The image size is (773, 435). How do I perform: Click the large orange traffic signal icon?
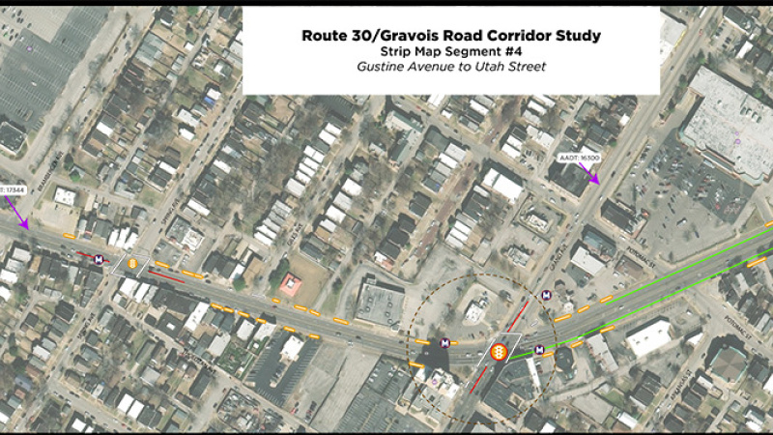(x=500, y=353)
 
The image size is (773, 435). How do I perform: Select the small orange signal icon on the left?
(x=132, y=263)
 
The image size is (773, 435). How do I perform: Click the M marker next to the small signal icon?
(x=99, y=259)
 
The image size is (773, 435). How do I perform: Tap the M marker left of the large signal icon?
(x=445, y=342)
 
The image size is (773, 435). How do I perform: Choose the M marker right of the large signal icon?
(x=539, y=349)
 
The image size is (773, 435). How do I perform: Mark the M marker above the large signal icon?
(x=546, y=295)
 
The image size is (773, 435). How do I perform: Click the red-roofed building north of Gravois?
(x=291, y=283)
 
